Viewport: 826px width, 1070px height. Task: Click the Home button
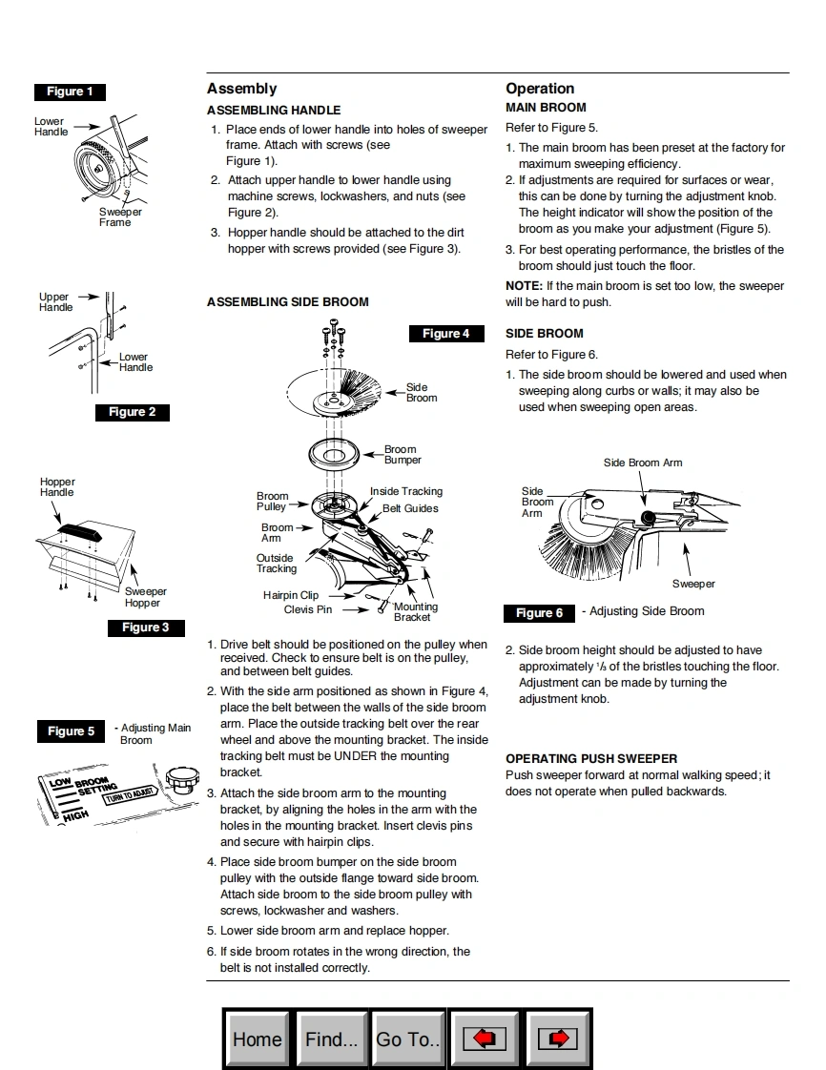coord(258,1039)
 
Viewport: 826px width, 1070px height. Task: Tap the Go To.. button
coord(407,1039)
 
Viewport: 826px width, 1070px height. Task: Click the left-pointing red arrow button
coord(485,1039)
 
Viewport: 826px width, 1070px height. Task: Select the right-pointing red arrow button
coord(559,1039)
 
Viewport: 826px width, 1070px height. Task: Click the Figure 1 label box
coord(70,92)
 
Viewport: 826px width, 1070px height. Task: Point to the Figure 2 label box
coord(132,412)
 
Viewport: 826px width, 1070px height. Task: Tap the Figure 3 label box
coord(145,628)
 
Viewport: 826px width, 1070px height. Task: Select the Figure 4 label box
coord(446,334)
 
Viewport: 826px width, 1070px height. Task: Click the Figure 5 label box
coord(72,731)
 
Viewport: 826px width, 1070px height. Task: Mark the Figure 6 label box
coord(539,613)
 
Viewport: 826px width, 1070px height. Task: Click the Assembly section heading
coord(241,89)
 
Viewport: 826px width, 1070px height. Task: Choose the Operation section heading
coord(540,89)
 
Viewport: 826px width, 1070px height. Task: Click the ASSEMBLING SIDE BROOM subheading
coord(287,302)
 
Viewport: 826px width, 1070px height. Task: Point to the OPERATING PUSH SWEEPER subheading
coord(591,759)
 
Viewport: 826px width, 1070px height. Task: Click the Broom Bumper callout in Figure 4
coord(402,455)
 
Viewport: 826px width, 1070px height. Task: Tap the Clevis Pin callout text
coord(308,609)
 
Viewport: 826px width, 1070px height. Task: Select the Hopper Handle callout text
coord(57,487)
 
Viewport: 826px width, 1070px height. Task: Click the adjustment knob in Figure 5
coord(181,779)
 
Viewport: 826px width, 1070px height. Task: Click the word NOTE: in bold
coord(524,286)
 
